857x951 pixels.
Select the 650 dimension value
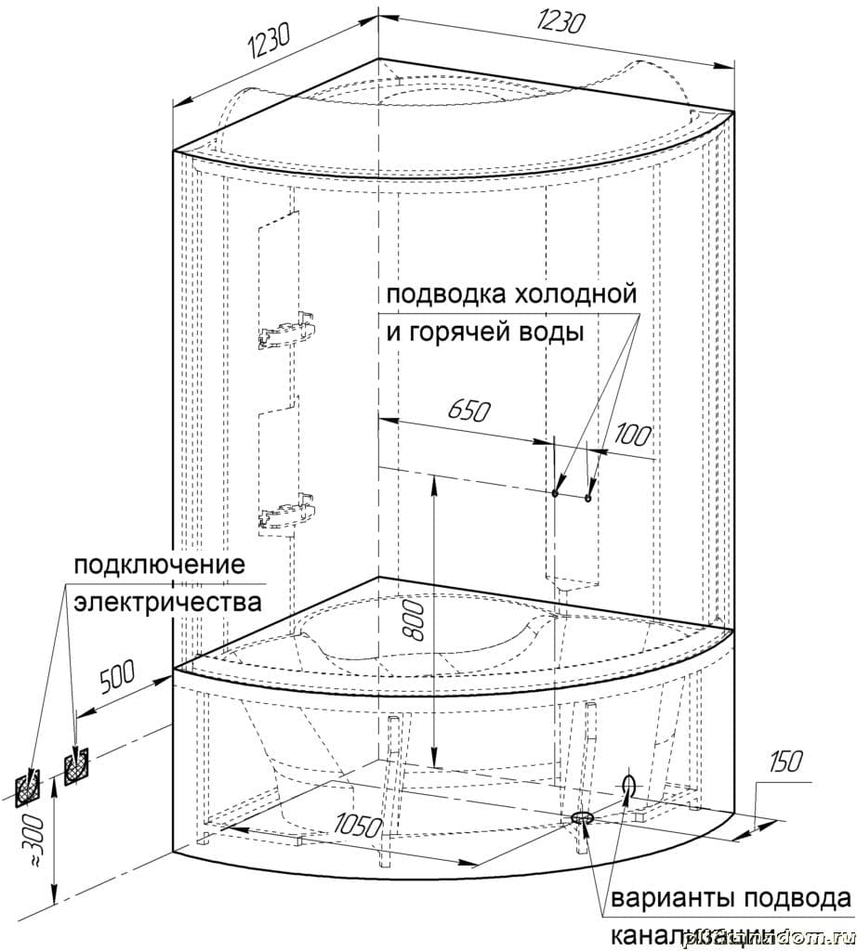point(468,410)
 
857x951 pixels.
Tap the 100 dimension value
point(631,434)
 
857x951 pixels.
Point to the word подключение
point(159,566)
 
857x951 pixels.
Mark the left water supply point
point(555,493)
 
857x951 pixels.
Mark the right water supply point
point(588,498)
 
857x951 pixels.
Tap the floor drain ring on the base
point(582,817)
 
